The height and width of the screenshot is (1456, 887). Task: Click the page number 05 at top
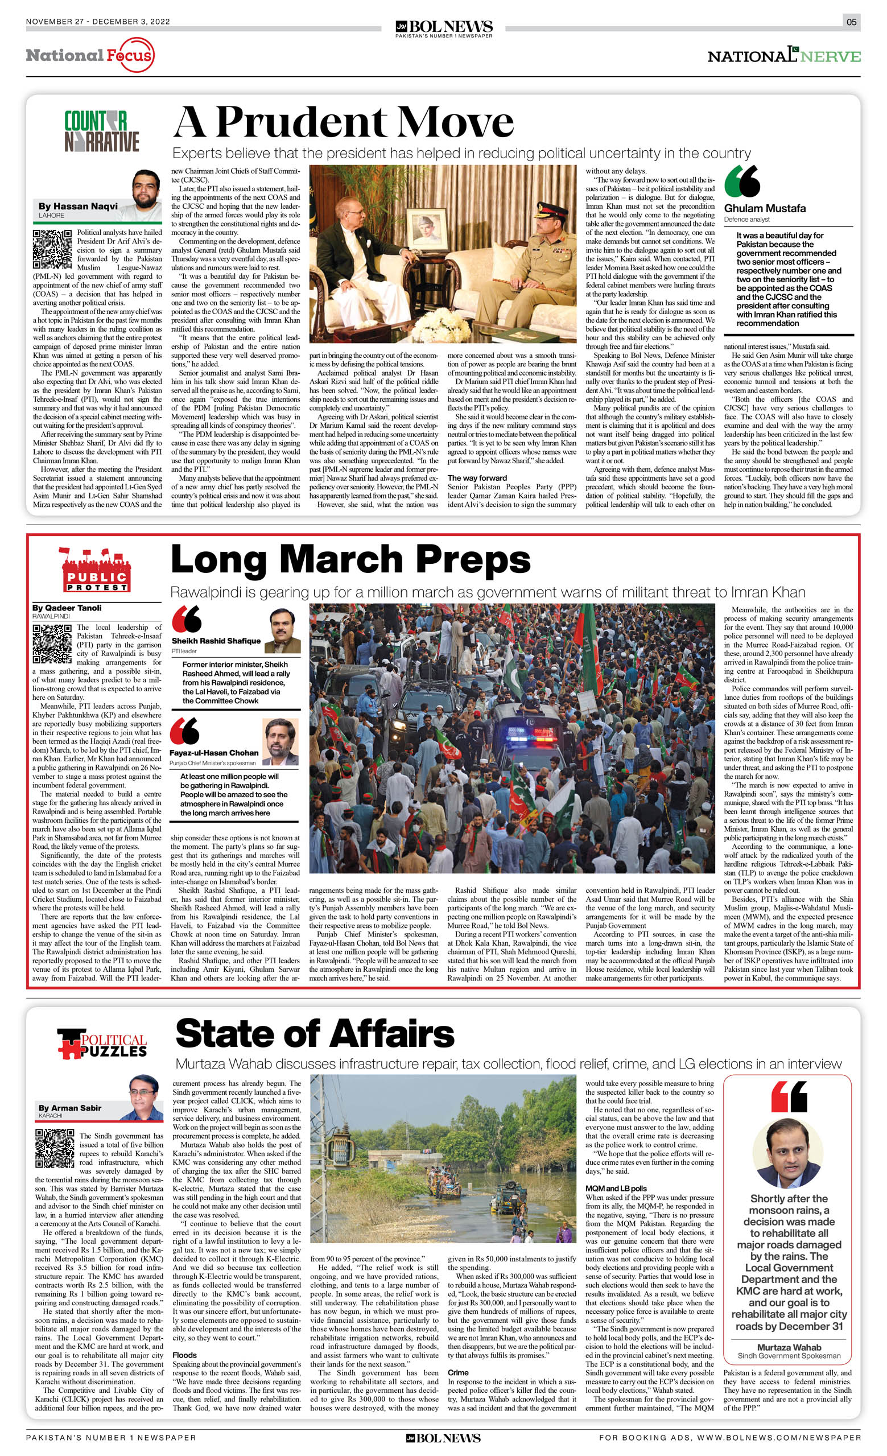coord(851,22)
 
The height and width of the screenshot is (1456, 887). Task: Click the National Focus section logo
coord(90,56)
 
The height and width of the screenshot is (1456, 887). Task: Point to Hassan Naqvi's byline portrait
coord(146,189)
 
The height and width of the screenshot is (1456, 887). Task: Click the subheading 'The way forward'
coord(477,478)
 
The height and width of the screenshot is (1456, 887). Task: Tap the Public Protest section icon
coord(96,570)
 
